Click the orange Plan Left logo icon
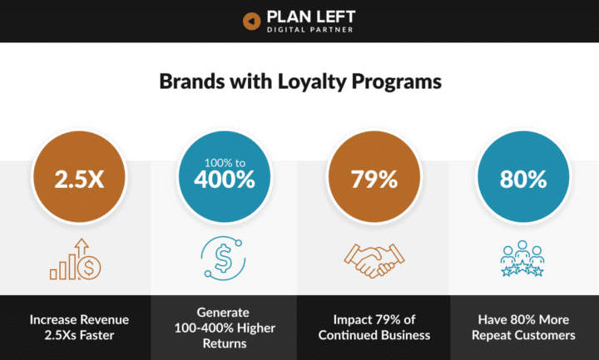(x=252, y=21)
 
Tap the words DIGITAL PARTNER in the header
(x=309, y=30)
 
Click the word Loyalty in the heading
(x=312, y=82)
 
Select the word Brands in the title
(x=192, y=81)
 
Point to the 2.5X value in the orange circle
(x=79, y=179)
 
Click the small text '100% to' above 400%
(x=225, y=163)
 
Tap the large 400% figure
(x=225, y=180)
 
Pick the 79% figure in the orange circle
(x=374, y=179)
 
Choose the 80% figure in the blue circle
(x=523, y=179)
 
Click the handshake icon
(x=374, y=261)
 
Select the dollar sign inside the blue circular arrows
(x=223, y=259)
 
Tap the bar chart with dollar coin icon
(x=75, y=259)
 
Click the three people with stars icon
(x=522, y=259)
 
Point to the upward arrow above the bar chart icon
(x=82, y=248)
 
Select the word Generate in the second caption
(x=223, y=313)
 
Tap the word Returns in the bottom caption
(x=225, y=343)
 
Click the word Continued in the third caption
(x=346, y=335)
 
